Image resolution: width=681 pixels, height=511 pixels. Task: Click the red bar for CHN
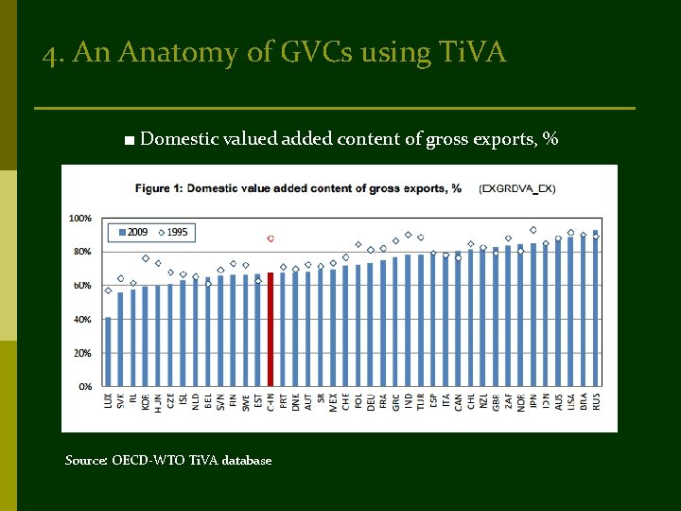(271, 329)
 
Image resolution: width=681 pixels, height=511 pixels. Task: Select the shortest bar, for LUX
(108, 352)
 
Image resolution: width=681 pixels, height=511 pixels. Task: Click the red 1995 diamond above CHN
(271, 238)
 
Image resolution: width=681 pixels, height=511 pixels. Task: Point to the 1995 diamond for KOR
(145, 258)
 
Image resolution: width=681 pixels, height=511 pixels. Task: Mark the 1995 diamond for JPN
(533, 230)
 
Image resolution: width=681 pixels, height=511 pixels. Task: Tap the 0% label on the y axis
(84, 387)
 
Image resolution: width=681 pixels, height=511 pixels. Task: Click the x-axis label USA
(570, 403)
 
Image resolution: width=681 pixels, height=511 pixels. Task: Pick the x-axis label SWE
(245, 403)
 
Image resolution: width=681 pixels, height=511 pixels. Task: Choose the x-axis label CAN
(458, 403)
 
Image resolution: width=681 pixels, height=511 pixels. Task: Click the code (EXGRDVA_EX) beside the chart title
(517, 188)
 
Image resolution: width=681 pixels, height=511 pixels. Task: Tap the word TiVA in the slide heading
(474, 53)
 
